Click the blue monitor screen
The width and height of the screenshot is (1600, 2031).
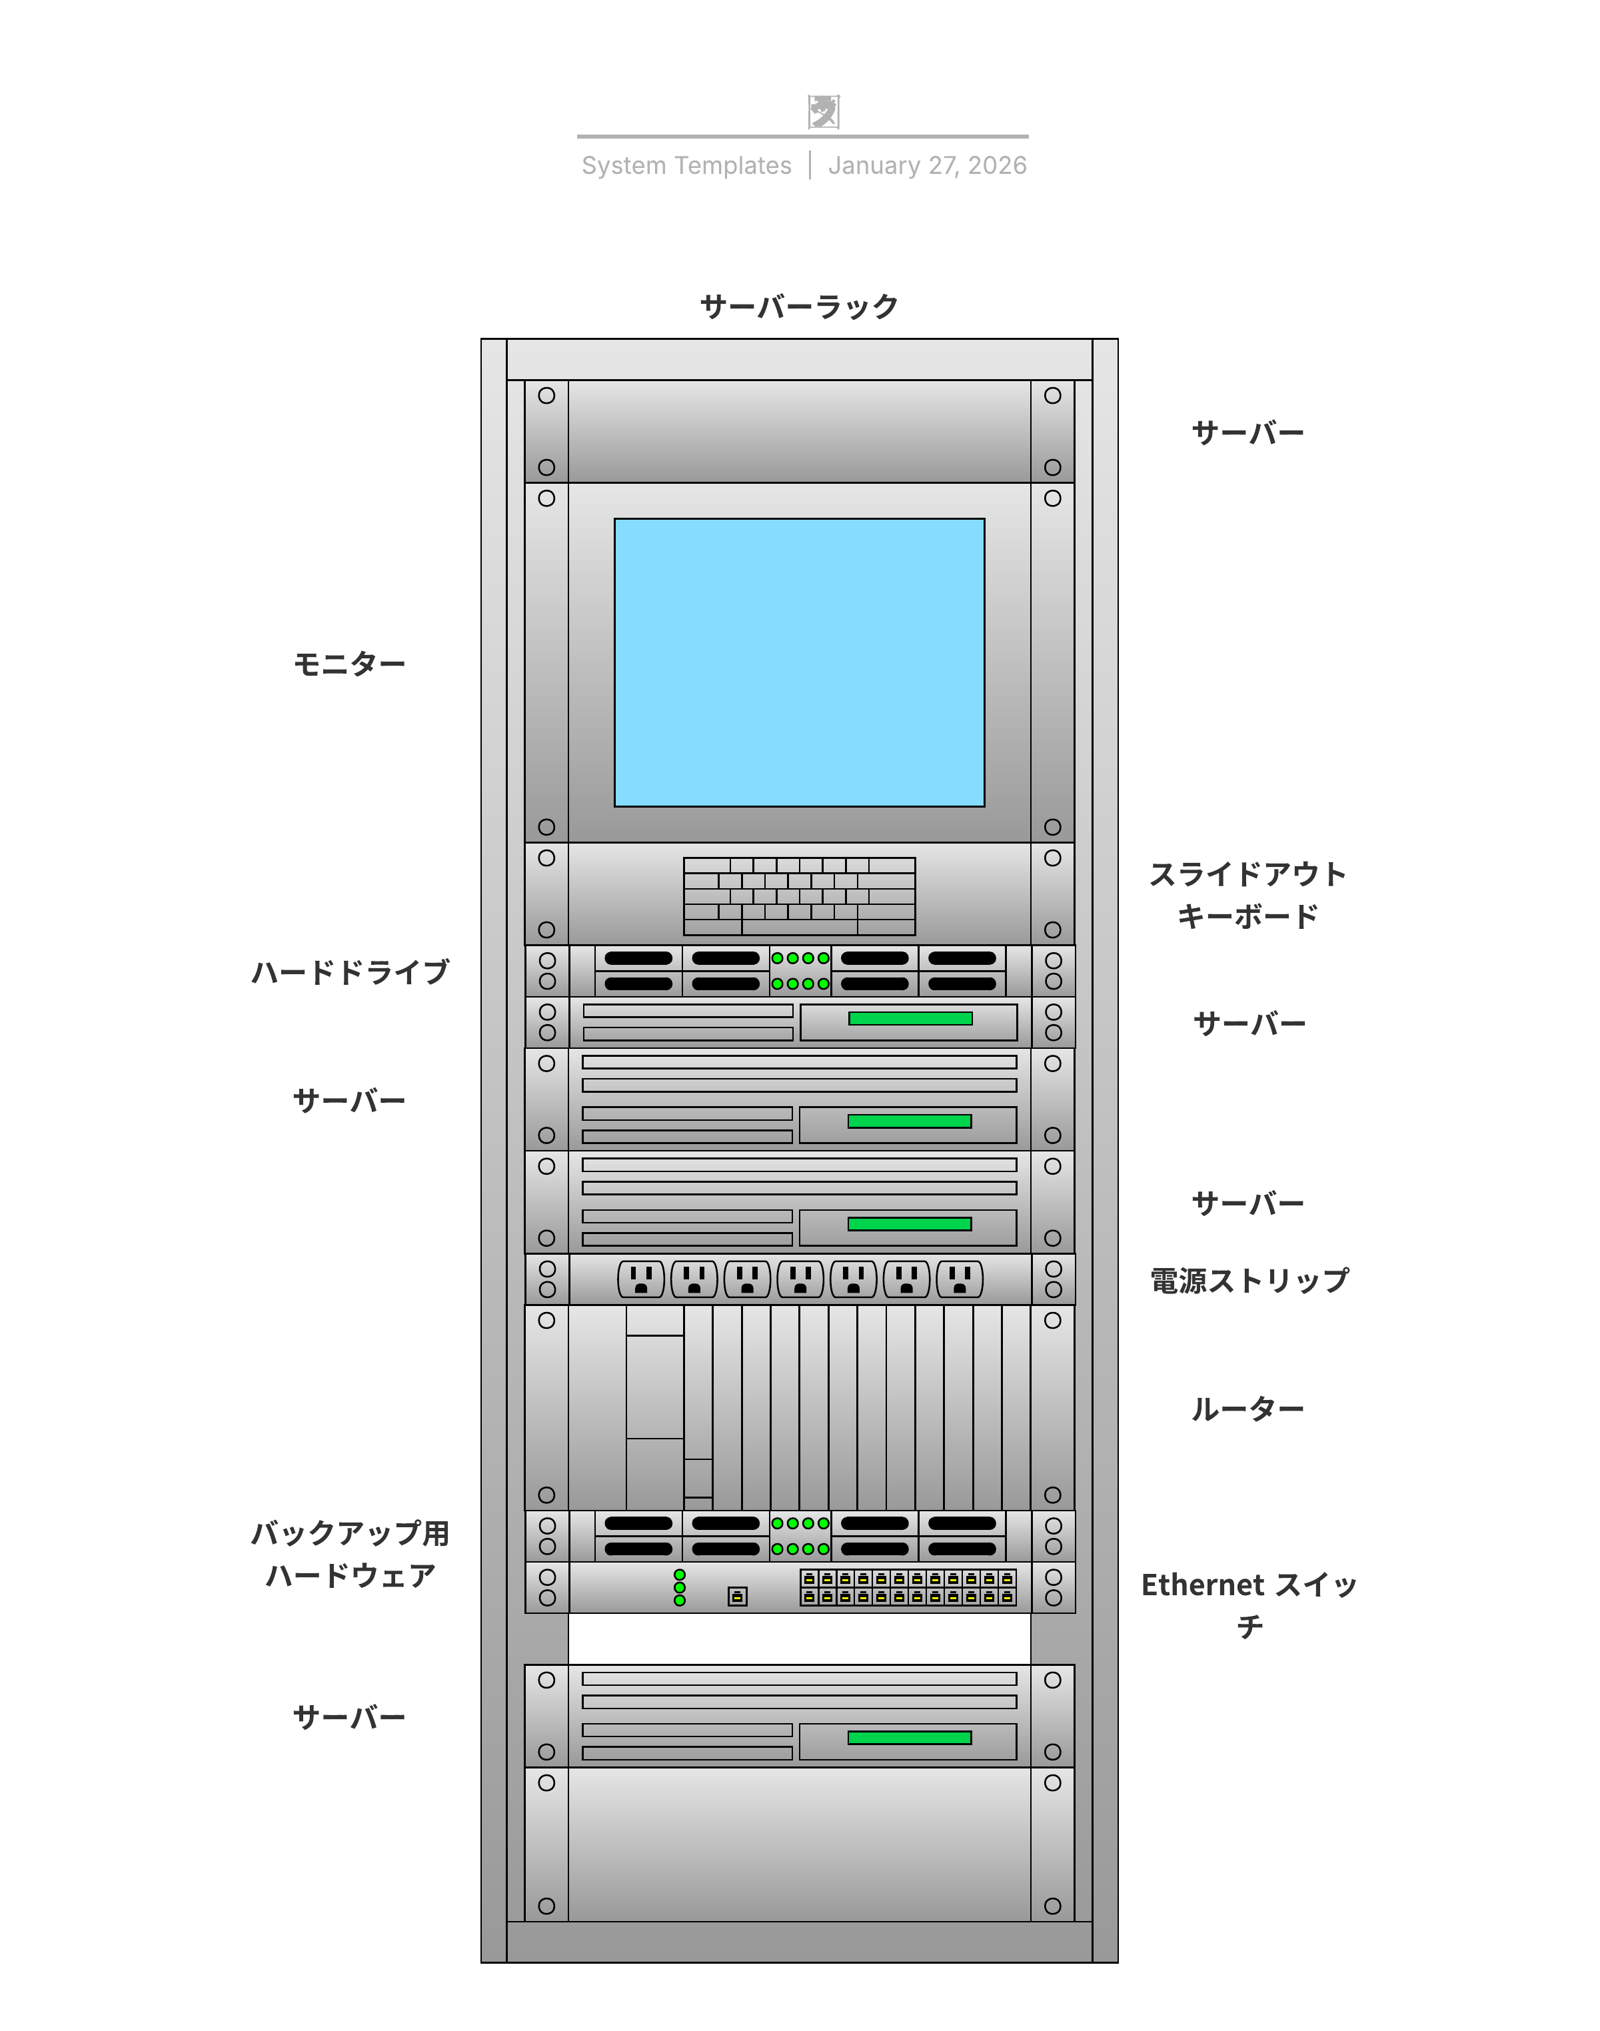click(x=799, y=662)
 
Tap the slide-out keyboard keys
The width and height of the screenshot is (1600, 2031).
click(x=799, y=896)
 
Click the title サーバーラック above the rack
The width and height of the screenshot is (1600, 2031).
click(x=799, y=307)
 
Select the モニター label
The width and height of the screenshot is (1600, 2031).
click(x=349, y=664)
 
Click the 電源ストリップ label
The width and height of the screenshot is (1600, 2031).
click(x=1249, y=1281)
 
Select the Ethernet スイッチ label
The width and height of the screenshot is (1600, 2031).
click(x=1249, y=1605)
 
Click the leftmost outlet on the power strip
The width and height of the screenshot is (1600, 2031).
click(x=642, y=1279)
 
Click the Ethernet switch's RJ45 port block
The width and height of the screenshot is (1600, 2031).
click(x=908, y=1588)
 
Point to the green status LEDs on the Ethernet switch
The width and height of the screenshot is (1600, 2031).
click(x=680, y=1588)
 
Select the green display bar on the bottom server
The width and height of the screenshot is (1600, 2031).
click(x=909, y=1738)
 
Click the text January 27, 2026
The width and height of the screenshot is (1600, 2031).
click(x=928, y=166)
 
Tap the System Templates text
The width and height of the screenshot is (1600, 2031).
click(x=686, y=166)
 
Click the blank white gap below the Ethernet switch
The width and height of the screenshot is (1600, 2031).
click(x=799, y=1639)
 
